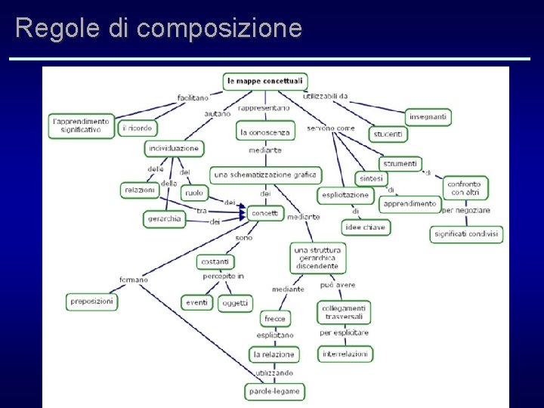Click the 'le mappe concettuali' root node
pos(264,80)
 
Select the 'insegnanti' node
pos(428,116)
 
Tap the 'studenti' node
pos(388,134)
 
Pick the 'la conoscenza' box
pos(265,132)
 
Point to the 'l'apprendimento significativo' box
pos(81,125)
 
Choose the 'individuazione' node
pos(174,148)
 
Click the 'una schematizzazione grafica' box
pos(264,175)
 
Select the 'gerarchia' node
pos(164,219)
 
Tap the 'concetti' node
pos(264,213)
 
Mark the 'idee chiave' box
pos(366,227)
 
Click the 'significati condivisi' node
pos(466,234)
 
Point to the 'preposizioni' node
pos(92,301)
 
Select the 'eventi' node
pos(196,302)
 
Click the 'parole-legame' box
pos(275,391)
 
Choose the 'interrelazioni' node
pos(345,354)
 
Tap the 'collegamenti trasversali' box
pos(344,313)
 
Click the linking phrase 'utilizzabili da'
pos(325,96)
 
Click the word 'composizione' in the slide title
pos(220,28)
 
